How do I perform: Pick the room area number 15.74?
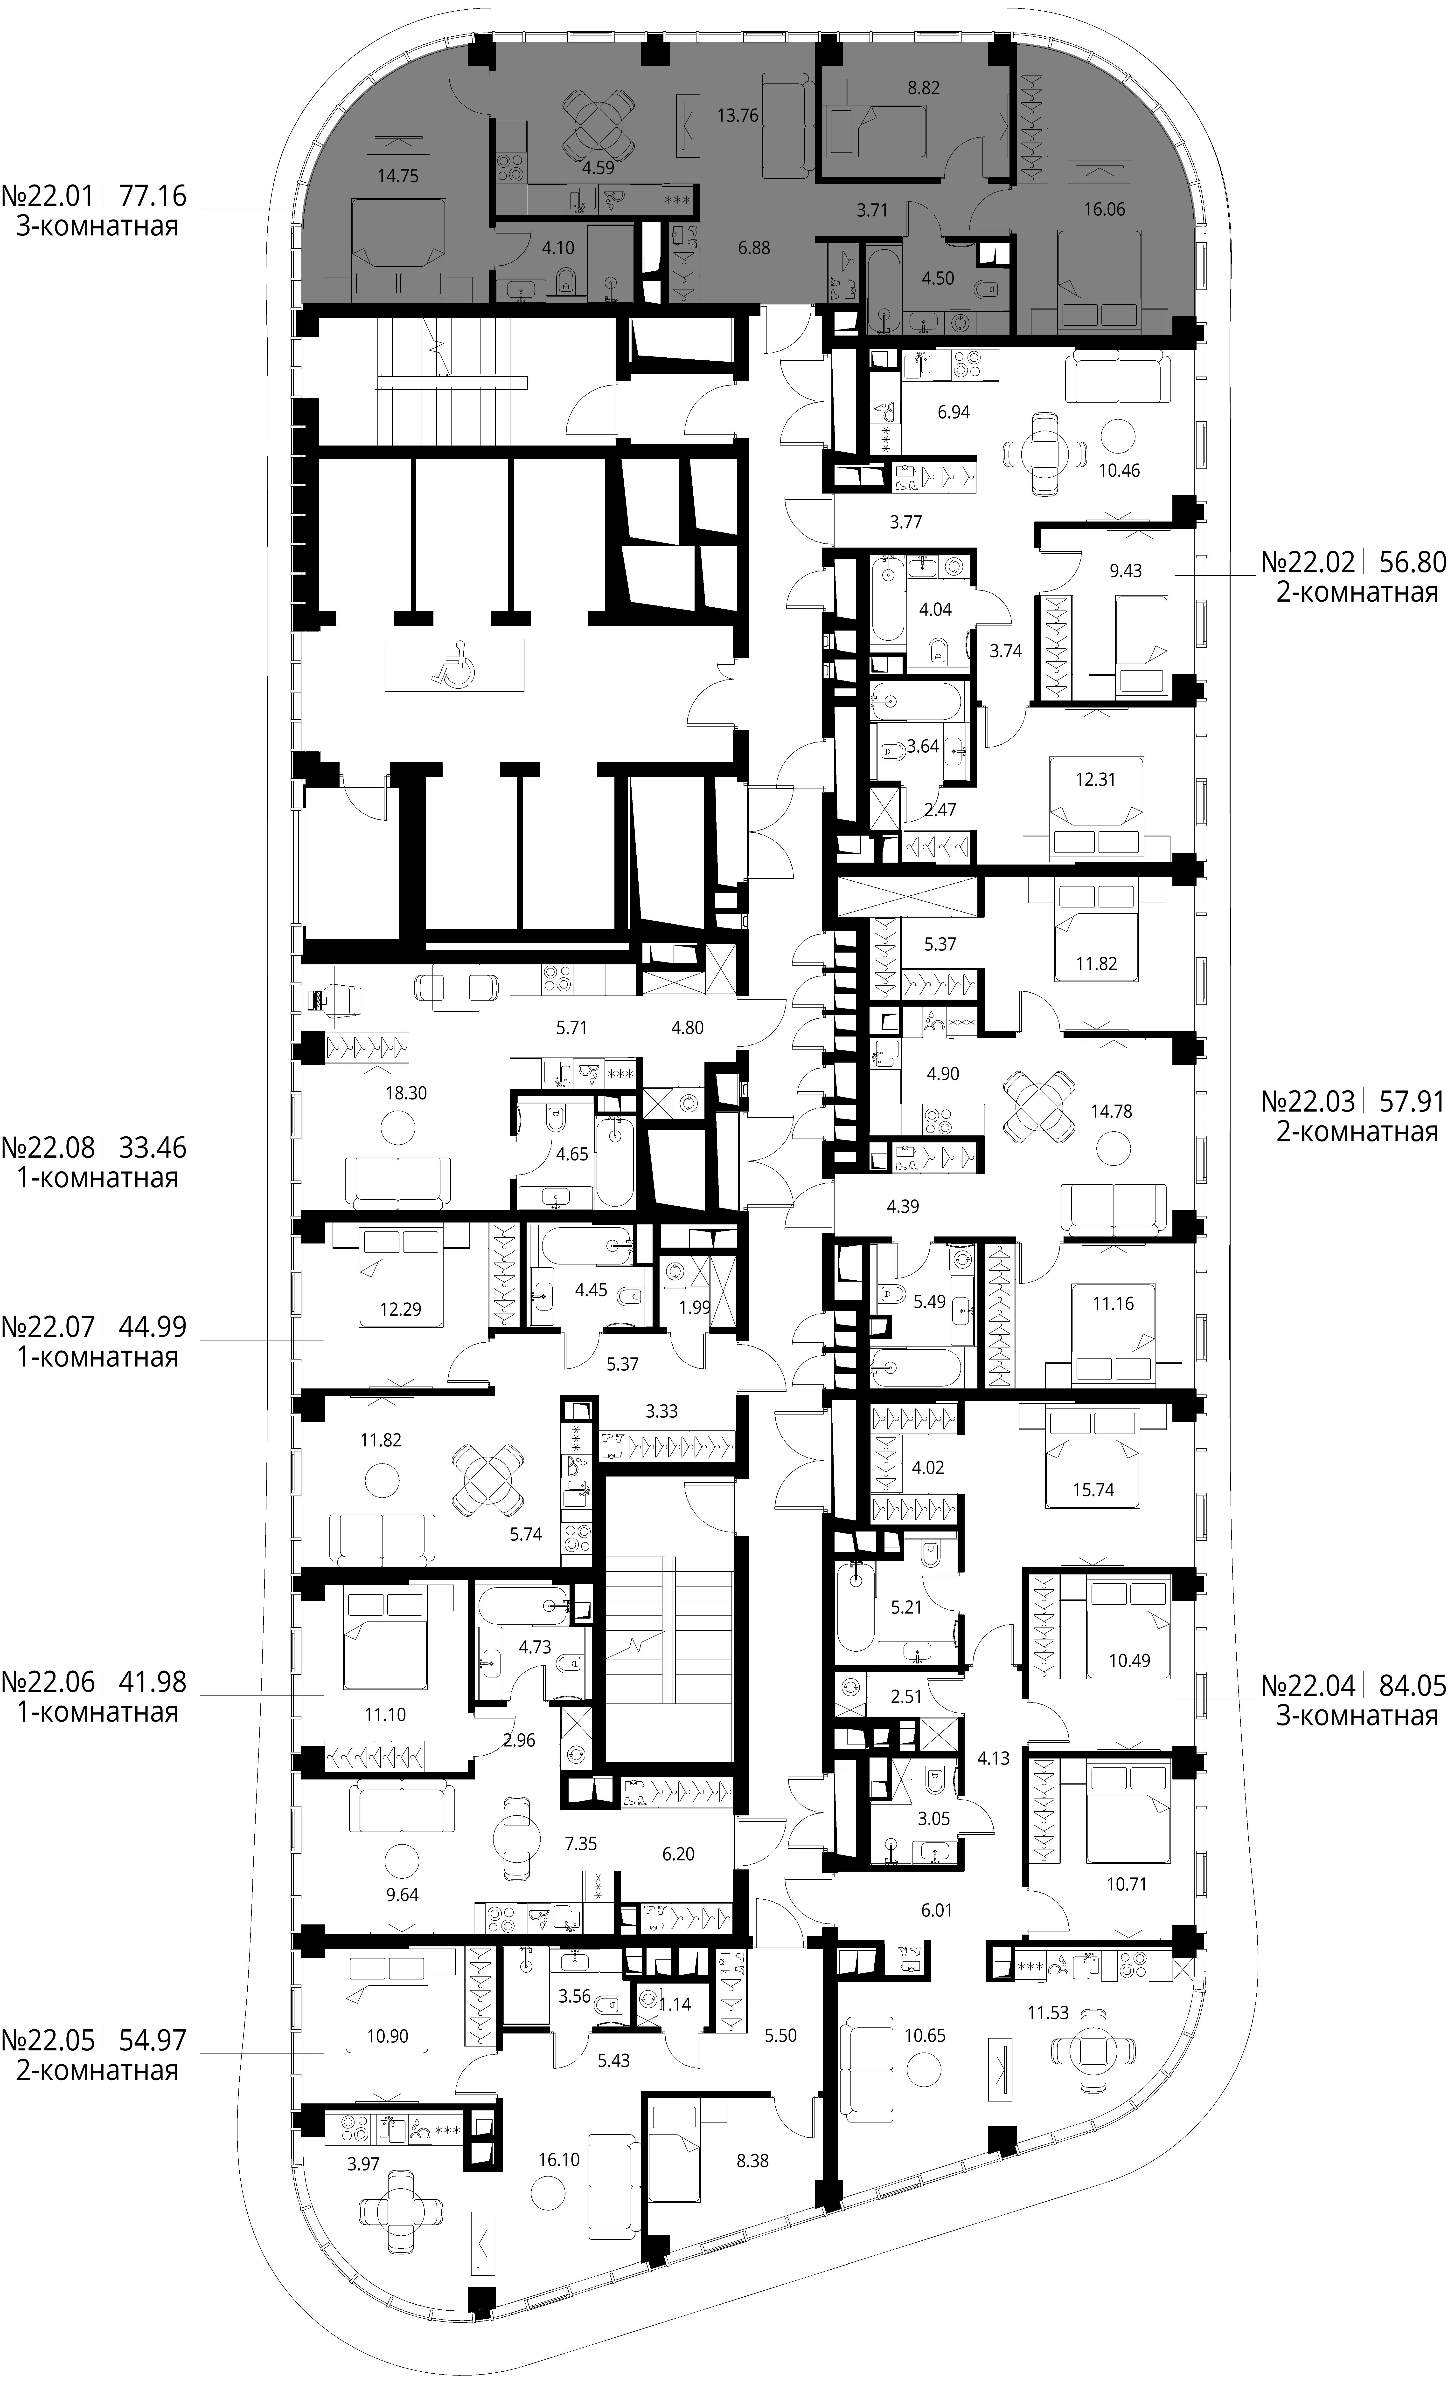1093,1489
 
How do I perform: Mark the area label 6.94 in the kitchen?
954,412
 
